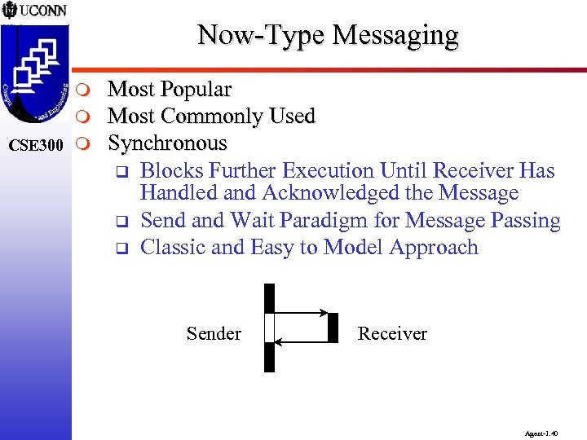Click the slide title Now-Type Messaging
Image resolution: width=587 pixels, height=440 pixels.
tap(328, 35)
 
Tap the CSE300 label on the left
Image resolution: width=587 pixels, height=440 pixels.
tap(35, 145)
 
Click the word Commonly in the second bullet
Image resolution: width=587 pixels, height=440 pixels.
tap(211, 117)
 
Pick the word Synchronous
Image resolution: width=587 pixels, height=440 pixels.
tap(167, 143)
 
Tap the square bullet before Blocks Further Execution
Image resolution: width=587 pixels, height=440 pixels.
tap(120, 172)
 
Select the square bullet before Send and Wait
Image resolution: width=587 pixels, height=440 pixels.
tap(120, 222)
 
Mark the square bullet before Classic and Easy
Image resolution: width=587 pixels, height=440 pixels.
tap(120, 249)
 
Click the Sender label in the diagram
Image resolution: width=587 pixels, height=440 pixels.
tap(214, 333)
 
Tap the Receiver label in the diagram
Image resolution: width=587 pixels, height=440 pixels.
tap(392, 333)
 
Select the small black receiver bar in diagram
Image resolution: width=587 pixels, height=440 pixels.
tap(333, 327)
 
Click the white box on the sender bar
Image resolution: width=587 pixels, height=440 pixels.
tap(270, 328)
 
